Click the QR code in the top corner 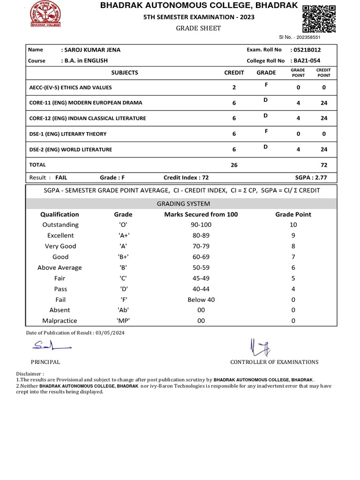tap(319, 18)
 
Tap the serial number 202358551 tap(304, 37)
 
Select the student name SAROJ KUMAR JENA tap(90, 50)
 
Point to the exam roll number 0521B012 tap(306, 50)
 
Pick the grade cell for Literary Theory tap(265, 131)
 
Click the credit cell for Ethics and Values tap(234, 88)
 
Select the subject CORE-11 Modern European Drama tap(86, 103)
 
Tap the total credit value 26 tap(234, 165)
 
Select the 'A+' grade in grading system tap(123, 235)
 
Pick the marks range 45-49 tap(201, 278)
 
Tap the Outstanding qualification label tap(60, 225)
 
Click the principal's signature tap(51, 346)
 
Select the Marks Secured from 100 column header tap(201, 214)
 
